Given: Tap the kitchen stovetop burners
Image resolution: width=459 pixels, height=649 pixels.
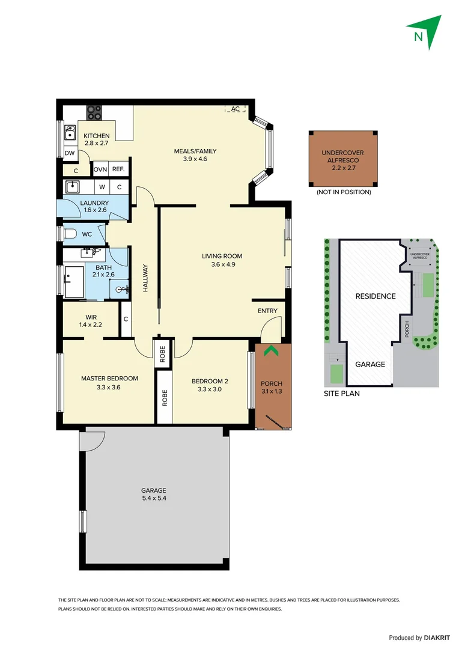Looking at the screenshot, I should (x=94, y=112).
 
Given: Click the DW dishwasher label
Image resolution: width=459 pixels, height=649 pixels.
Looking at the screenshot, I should (x=70, y=154).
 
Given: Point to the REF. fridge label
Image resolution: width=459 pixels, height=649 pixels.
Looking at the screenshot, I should (x=118, y=170).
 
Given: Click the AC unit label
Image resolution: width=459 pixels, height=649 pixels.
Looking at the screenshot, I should (x=235, y=109).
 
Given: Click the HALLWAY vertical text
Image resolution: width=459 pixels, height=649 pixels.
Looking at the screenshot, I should (x=145, y=279).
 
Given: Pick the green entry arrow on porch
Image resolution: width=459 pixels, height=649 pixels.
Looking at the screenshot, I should (x=272, y=351).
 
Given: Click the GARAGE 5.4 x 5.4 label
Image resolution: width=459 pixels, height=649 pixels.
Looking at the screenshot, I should (x=154, y=494).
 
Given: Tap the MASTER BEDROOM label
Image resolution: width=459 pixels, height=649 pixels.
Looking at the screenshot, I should (x=109, y=383).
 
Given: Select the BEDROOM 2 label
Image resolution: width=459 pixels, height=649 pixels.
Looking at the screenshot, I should (x=210, y=385).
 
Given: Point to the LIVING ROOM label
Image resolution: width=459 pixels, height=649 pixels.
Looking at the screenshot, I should (x=222, y=260).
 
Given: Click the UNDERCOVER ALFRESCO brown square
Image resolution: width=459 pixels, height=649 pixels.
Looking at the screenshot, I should (x=342, y=159).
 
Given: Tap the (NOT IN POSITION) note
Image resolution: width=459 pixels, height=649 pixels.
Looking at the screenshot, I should (x=344, y=192).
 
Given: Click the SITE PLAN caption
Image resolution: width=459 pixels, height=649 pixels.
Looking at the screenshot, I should (x=341, y=394).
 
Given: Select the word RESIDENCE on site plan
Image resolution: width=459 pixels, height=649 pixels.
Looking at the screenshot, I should (x=375, y=296).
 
